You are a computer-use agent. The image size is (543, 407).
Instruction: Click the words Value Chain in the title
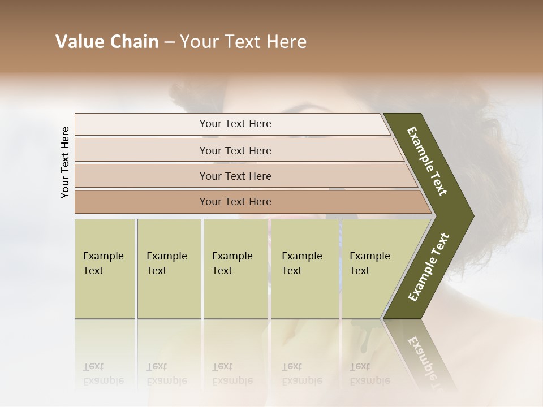(x=107, y=42)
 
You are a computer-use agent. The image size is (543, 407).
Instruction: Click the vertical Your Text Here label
(x=65, y=162)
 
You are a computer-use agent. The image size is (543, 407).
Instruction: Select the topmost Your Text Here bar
(x=235, y=124)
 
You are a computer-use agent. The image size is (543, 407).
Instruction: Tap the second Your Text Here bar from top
(x=235, y=150)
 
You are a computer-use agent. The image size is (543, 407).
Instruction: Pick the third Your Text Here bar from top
(x=235, y=176)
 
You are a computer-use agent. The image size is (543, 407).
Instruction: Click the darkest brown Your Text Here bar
(x=235, y=202)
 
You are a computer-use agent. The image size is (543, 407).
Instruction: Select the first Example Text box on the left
(x=105, y=268)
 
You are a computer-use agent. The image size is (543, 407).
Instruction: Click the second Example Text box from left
(x=169, y=268)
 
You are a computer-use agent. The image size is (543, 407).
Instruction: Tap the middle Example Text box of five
(x=235, y=268)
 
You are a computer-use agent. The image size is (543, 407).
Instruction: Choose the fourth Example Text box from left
(x=304, y=268)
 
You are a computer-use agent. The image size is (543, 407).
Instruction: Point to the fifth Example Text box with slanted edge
(x=373, y=268)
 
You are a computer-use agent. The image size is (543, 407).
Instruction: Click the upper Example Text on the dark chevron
(x=427, y=161)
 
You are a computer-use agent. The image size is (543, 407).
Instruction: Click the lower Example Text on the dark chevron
(x=429, y=267)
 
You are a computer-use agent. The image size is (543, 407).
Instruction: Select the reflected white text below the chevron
(x=424, y=362)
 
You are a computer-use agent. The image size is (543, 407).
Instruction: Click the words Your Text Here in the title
(x=243, y=42)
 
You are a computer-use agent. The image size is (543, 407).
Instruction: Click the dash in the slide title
(x=169, y=42)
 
